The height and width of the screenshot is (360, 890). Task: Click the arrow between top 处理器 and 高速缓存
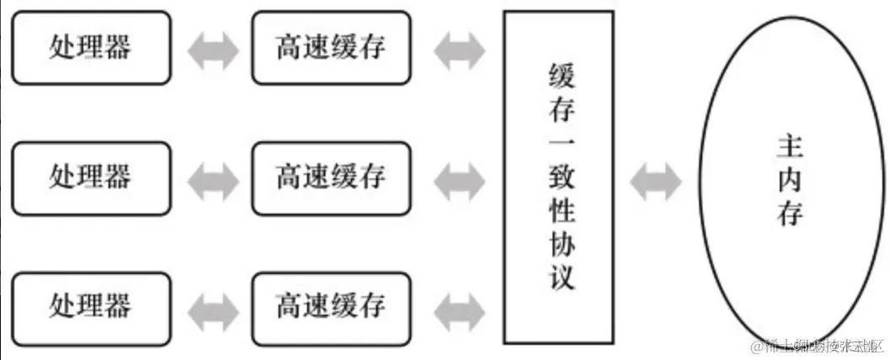click(x=212, y=49)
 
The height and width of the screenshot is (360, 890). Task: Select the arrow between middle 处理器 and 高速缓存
click(x=212, y=177)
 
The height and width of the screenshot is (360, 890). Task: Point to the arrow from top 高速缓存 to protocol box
click(x=458, y=49)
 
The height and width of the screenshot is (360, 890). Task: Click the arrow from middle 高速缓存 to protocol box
click(x=458, y=177)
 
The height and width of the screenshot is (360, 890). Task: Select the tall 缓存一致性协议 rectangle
click(x=559, y=177)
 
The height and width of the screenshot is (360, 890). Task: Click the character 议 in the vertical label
click(x=559, y=277)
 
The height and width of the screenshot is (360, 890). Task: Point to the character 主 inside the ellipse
click(x=790, y=147)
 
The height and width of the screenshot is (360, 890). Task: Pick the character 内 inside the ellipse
click(x=790, y=181)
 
